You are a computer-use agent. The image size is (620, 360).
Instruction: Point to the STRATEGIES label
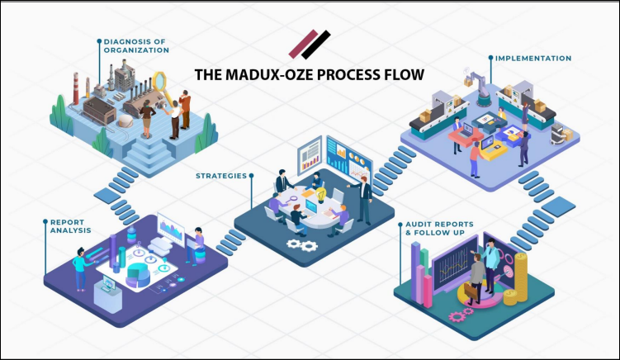tap(221, 175)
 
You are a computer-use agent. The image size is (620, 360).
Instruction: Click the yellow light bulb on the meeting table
tap(321, 194)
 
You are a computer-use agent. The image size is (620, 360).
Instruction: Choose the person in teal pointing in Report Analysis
tap(80, 267)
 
